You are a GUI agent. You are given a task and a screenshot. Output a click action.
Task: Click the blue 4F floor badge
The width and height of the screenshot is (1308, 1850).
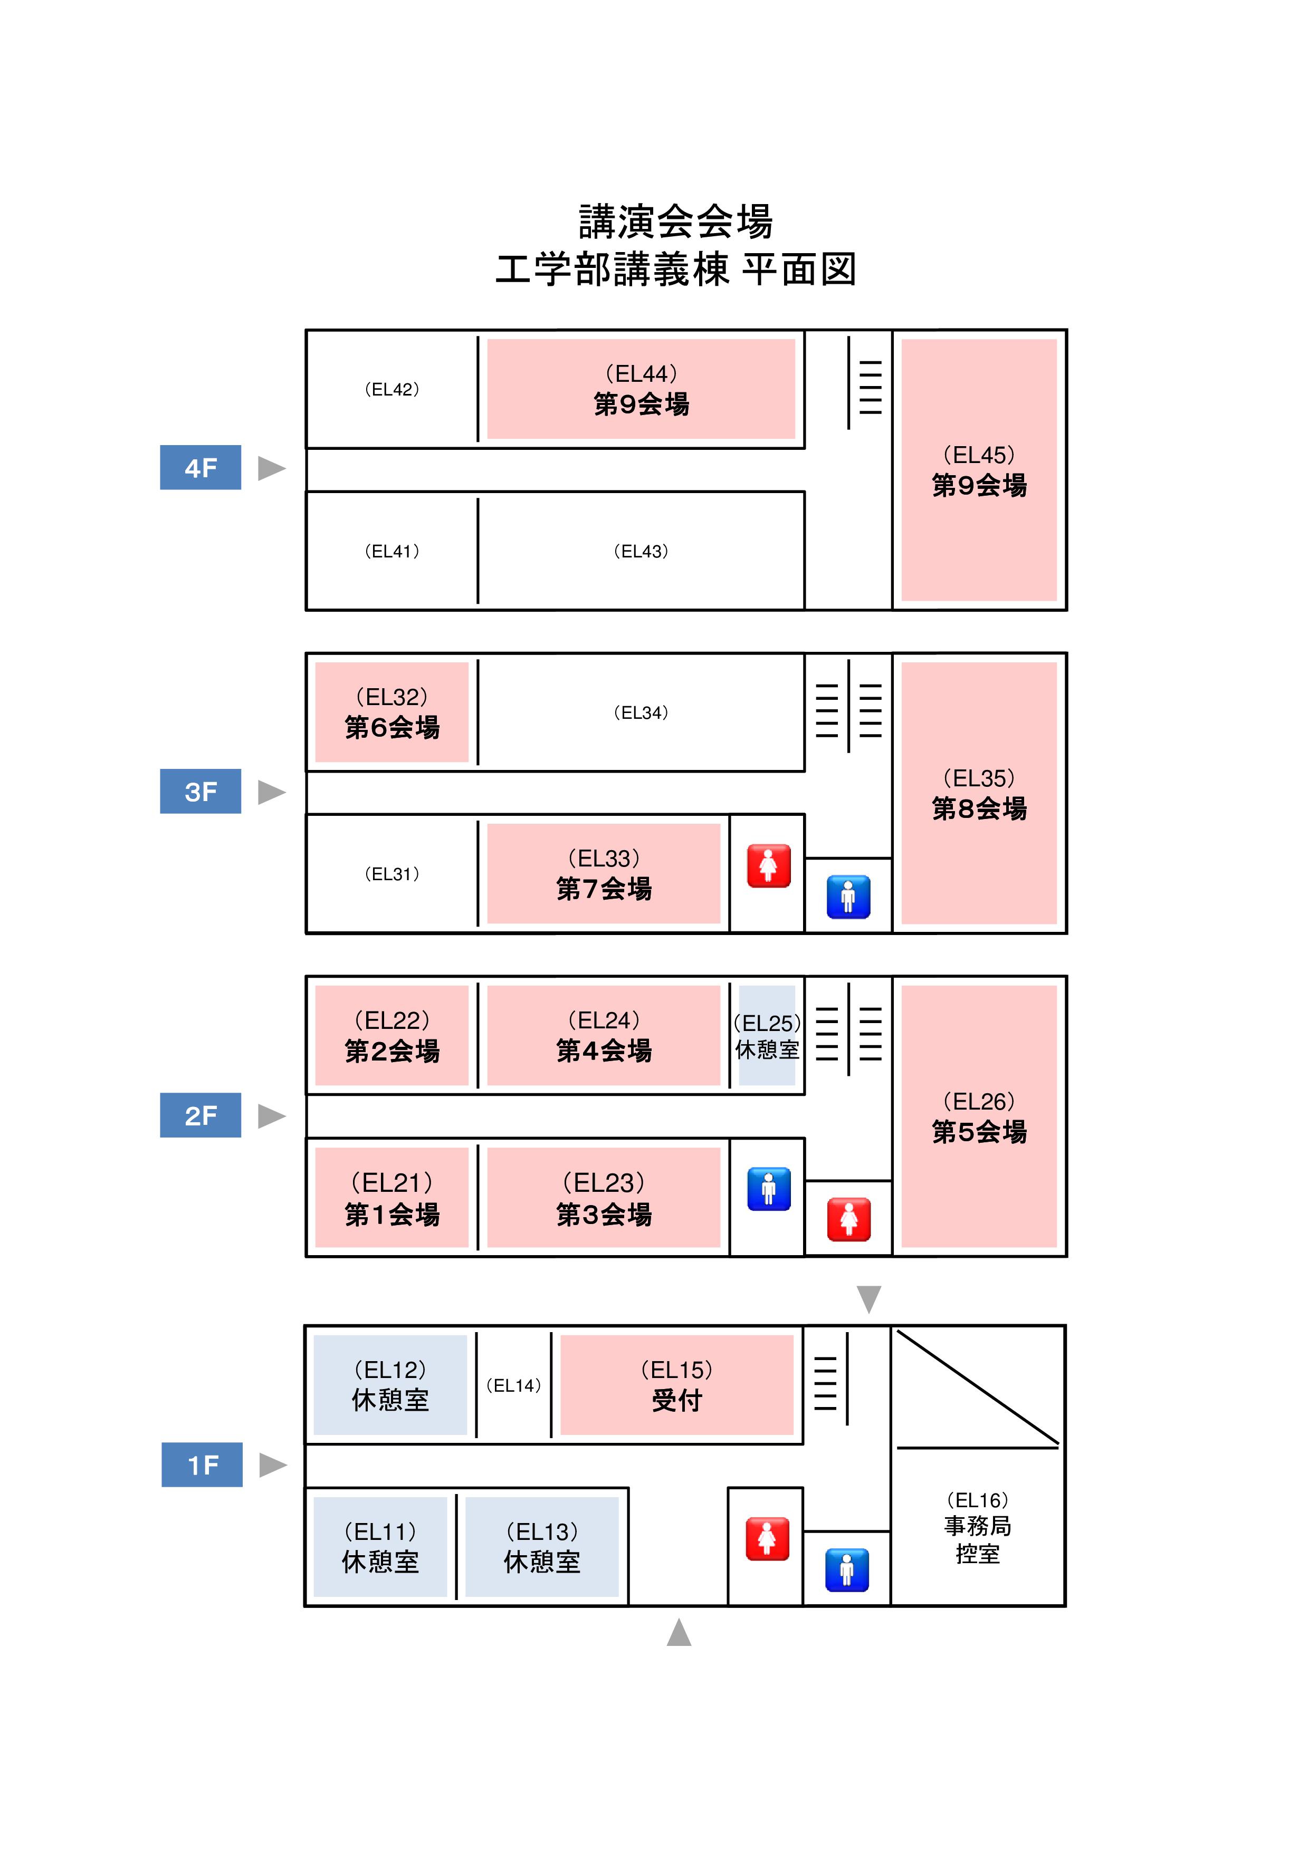(200, 467)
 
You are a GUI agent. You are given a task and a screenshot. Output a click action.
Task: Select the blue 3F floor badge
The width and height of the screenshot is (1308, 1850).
(200, 791)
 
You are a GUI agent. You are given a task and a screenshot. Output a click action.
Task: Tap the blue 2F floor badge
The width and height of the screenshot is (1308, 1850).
(200, 1115)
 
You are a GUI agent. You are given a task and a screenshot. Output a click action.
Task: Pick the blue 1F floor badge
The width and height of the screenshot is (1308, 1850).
(202, 1465)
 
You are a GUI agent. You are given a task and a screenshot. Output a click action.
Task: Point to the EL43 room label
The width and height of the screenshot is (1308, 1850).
(641, 551)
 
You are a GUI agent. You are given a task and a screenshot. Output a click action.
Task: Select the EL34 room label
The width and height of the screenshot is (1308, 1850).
(641, 713)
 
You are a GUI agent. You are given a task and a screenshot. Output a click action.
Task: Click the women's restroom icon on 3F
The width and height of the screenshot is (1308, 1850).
(768, 866)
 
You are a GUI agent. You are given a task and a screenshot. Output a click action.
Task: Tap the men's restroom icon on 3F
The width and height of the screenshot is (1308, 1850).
(848, 897)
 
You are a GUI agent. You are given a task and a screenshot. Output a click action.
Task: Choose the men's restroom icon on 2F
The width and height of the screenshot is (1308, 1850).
(768, 1189)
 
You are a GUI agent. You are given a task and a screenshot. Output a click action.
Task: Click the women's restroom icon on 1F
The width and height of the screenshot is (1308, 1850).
(767, 1539)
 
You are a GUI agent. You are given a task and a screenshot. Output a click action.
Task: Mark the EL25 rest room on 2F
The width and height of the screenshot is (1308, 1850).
(767, 1036)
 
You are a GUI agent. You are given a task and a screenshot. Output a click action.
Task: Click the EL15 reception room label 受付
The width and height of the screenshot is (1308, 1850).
(677, 1400)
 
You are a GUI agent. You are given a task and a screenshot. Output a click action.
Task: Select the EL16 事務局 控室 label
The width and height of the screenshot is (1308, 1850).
(978, 1526)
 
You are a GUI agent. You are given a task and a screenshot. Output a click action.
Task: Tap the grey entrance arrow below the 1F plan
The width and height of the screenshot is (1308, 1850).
(679, 1632)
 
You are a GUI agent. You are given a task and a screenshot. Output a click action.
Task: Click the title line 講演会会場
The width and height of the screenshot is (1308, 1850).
(675, 221)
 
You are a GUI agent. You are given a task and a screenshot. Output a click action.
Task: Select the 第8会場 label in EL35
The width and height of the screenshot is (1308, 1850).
(979, 808)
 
